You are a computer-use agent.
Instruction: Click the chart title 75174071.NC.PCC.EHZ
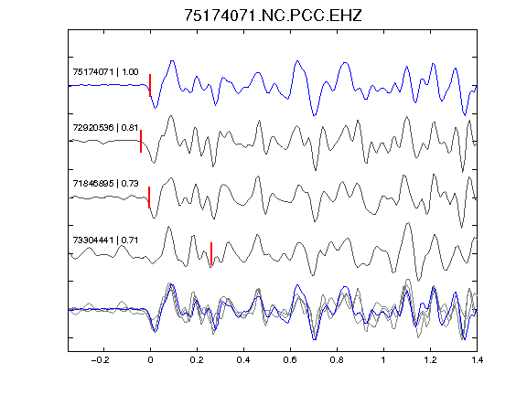tap(273, 16)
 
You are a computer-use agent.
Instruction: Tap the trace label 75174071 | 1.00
tap(105, 72)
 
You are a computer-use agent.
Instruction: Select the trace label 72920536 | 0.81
tap(105, 128)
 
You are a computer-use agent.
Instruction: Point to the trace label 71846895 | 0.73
tap(105, 184)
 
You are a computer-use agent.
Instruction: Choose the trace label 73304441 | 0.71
tap(105, 240)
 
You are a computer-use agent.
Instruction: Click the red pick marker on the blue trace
tap(150, 85)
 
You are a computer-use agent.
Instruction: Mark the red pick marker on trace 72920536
tap(141, 141)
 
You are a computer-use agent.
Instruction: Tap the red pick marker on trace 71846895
tap(149, 197)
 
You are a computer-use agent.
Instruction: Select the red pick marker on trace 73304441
tap(211, 253)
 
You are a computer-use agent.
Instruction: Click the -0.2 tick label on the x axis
tap(100, 360)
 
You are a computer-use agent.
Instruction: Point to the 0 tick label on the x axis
tap(150, 360)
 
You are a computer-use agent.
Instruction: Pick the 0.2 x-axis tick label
tap(197, 360)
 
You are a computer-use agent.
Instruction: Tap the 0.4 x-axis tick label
tap(243, 360)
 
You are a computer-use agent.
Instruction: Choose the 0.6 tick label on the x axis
tap(290, 360)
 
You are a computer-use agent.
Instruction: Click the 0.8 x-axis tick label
tap(337, 360)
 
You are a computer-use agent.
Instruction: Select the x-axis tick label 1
tap(383, 360)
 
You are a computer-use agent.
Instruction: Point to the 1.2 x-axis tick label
tap(430, 360)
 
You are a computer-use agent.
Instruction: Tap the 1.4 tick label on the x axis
tap(477, 360)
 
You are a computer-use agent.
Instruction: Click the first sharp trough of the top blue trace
tap(155, 108)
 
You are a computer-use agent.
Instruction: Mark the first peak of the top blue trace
tap(172, 60)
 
